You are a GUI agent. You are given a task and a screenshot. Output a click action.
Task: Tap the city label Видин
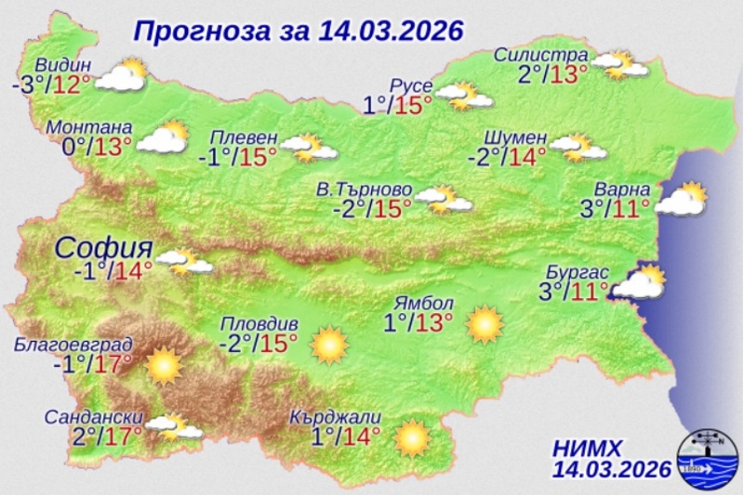pyautogui.click(x=64, y=66)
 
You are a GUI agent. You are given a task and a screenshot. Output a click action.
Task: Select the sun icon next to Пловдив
pyautogui.click(x=328, y=345)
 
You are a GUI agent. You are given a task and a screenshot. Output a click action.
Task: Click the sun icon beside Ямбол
pyautogui.click(x=484, y=324)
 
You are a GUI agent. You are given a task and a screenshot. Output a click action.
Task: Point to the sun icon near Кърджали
pyautogui.click(x=411, y=438)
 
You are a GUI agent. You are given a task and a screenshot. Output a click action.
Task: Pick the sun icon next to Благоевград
pyautogui.click(x=164, y=364)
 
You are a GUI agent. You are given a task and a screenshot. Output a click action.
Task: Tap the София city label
pyautogui.click(x=103, y=248)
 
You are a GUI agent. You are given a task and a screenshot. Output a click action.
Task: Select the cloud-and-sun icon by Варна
pyautogui.click(x=683, y=199)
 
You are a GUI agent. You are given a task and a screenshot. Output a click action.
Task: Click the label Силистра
pyautogui.click(x=541, y=53)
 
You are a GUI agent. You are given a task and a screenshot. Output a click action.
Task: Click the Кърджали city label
pyautogui.click(x=336, y=417)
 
